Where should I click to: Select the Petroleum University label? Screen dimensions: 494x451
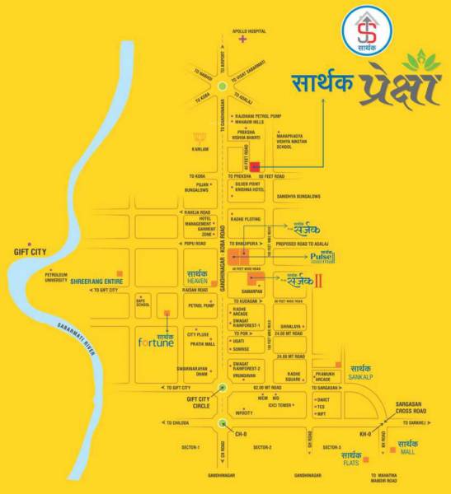(x=62, y=276)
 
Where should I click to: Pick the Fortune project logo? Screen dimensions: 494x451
(x=157, y=340)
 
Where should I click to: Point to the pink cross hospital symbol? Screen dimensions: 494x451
(x=242, y=39)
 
